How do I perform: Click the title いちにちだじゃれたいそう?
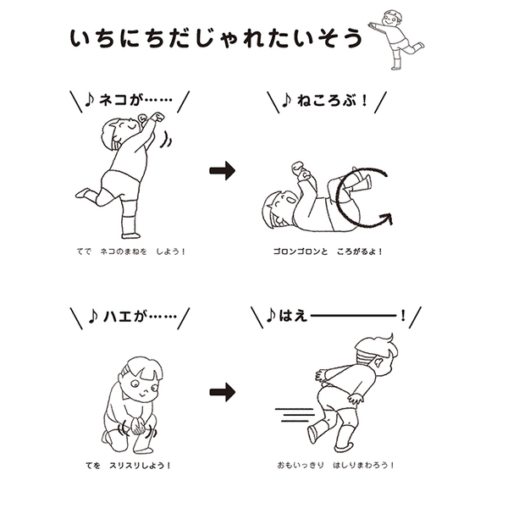(x=216, y=38)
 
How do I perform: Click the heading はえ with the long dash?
(x=334, y=317)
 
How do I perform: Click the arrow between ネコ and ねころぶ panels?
(x=222, y=171)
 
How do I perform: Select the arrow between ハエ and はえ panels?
(x=222, y=391)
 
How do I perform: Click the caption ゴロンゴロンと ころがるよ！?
(x=334, y=251)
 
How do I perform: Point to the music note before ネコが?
(x=90, y=101)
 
